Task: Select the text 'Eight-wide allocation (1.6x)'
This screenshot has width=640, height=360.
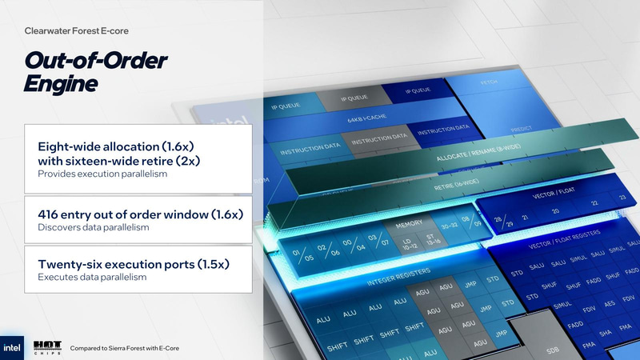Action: pyautogui.click(x=117, y=147)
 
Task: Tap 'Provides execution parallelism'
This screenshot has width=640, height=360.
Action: pyautogui.click(x=102, y=174)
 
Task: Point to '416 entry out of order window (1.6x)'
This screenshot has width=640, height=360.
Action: pyautogui.click(x=140, y=214)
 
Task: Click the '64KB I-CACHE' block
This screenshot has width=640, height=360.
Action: pyautogui.click(x=365, y=120)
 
